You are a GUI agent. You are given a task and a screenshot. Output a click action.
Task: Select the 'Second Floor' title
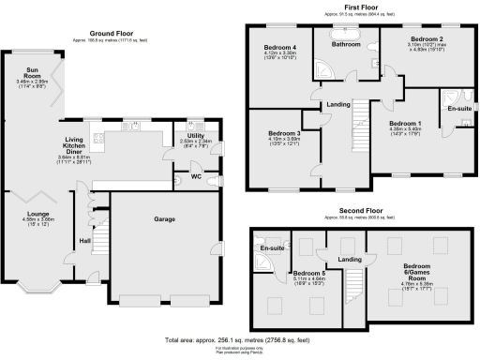click(361, 212)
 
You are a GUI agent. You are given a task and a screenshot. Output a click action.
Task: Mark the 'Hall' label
click(84, 242)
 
